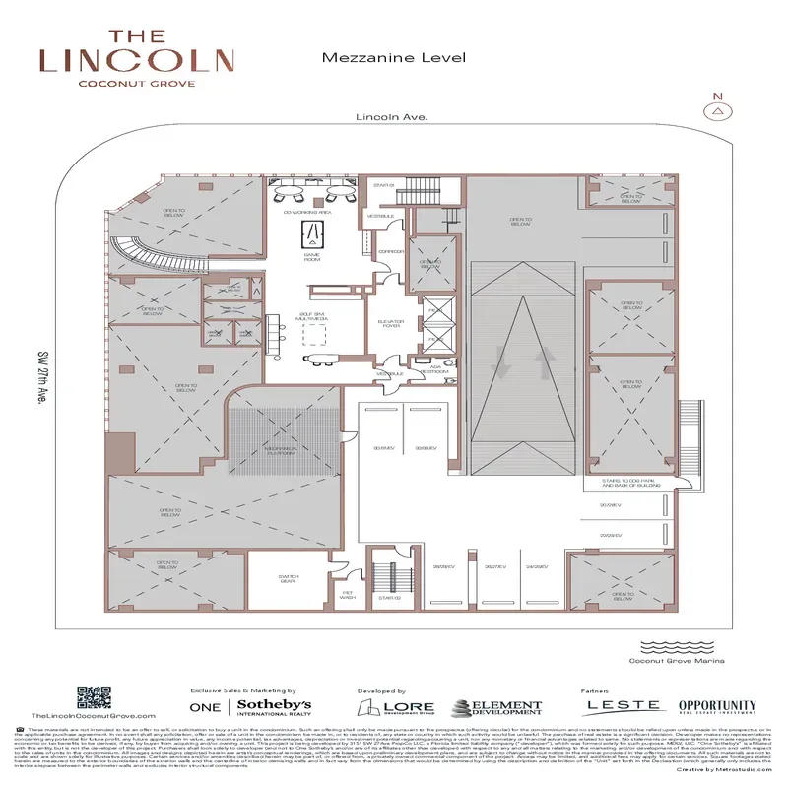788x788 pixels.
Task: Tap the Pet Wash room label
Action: (348, 594)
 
